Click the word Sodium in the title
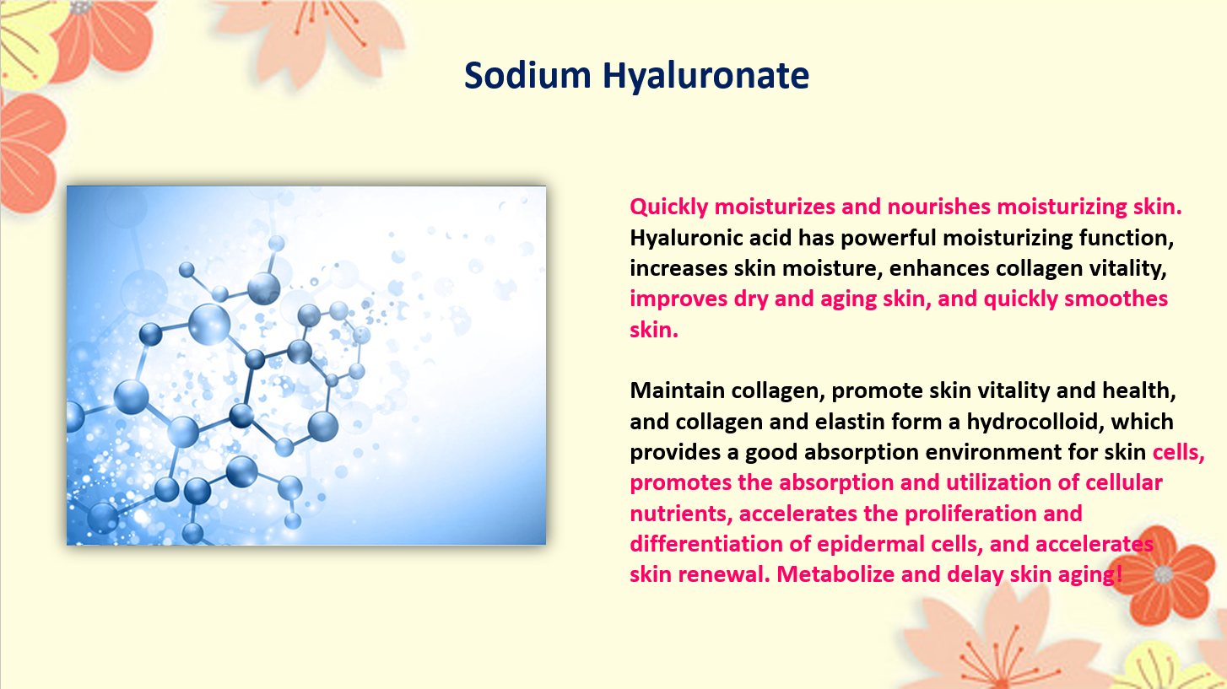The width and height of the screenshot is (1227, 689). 527,75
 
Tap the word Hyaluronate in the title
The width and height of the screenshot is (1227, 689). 705,77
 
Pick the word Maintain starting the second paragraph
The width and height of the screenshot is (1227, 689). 677,390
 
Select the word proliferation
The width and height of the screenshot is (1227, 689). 970,514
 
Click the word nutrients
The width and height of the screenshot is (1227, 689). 681,514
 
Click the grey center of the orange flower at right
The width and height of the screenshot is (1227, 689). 1163,574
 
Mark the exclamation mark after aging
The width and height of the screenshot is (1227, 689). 1119,574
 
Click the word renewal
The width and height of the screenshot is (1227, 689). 724,574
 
